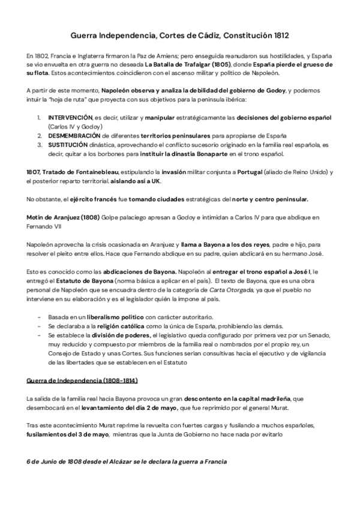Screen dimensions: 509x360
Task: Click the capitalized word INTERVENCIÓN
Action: (70, 116)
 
